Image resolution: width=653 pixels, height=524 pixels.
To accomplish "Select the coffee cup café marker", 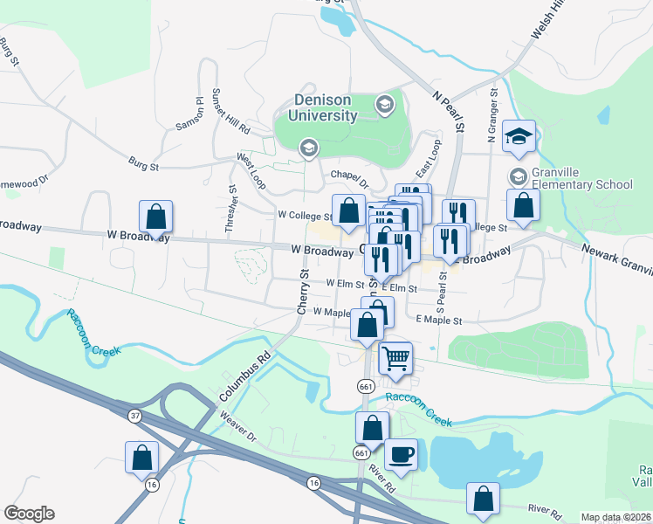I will point(401,454).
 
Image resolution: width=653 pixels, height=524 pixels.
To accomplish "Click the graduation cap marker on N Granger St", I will point(519,134).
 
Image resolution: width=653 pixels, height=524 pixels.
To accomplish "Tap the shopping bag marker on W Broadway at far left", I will point(155,216).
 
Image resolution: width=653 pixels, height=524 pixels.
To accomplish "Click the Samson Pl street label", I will point(189,114).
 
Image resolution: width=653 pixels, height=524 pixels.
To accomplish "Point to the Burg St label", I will point(143,163).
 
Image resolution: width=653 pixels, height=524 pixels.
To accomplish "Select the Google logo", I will point(29,514).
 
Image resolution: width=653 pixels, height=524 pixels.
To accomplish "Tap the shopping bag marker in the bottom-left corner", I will point(141,458).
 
